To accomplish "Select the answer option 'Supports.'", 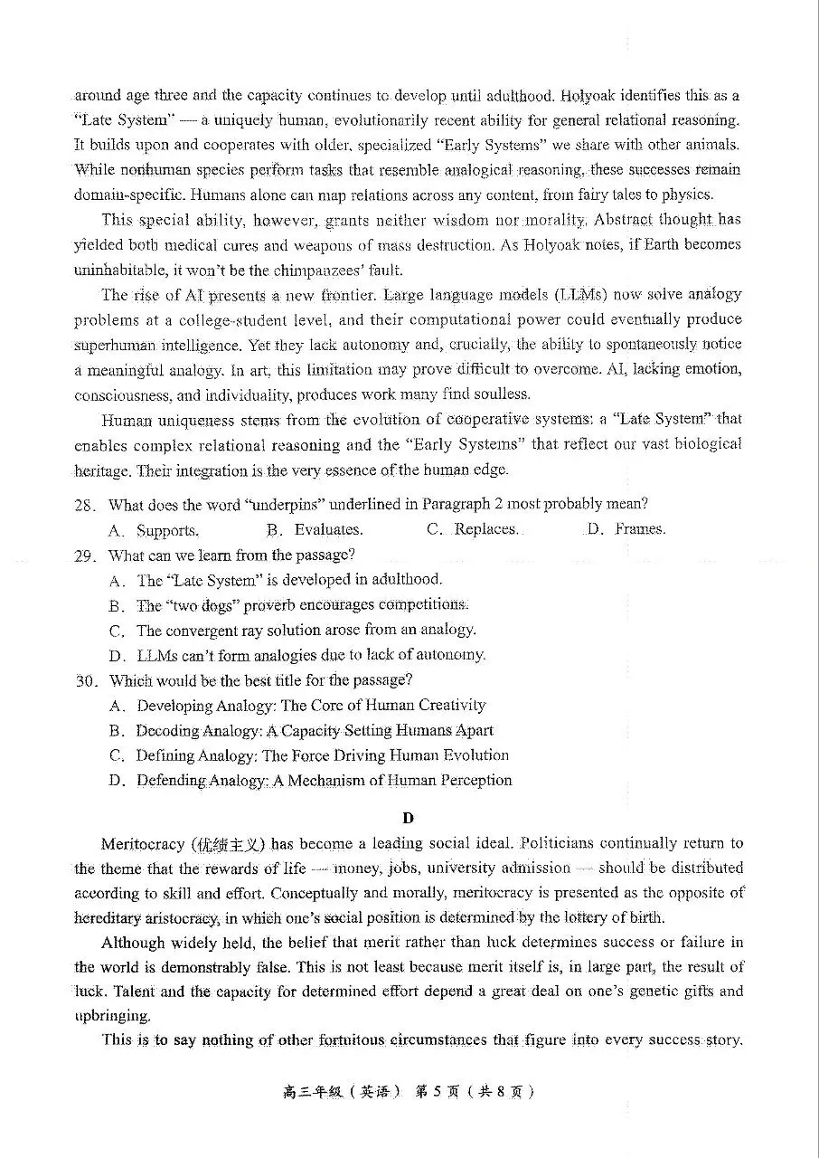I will (x=167, y=530).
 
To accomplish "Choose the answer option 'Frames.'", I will (x=640, y=529).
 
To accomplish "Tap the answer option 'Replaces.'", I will (x=486, y=529).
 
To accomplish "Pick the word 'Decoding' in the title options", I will (x=167, y=730).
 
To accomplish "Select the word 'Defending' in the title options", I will (x=171, y=780).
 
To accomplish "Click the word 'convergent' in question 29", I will (x=203, y=630).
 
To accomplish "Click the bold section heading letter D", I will (x=408, y=818).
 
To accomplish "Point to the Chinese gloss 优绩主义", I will (x=227, y=844).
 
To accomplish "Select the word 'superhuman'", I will (x=108, y=345).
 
